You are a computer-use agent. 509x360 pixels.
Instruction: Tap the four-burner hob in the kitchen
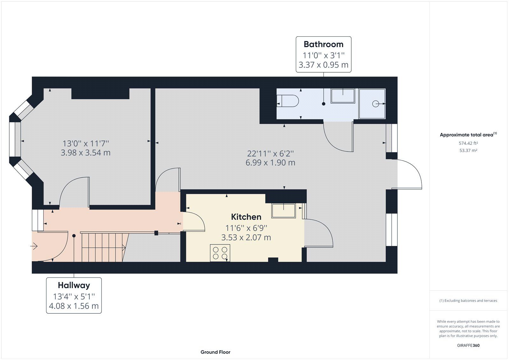click(220, 253)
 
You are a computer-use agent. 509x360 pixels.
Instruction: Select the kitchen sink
click(283, 211)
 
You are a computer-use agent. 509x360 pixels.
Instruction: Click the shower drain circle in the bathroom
click(376, 104)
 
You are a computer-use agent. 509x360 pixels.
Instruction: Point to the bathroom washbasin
click(343, 96)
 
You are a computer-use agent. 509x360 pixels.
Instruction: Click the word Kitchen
click(246, 217)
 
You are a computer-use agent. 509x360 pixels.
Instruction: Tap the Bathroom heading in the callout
click(323, 44)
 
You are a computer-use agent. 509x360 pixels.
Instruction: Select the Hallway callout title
click(74, 285)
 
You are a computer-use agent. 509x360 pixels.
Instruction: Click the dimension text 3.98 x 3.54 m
click(86, 153)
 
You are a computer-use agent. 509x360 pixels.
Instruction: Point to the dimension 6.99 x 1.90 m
click(270, 163)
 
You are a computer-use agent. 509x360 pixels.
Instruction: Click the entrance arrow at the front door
click(34, 246)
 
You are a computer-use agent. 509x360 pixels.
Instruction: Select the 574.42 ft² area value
click(468, 144)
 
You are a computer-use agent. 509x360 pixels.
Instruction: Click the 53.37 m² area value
click(468, 151)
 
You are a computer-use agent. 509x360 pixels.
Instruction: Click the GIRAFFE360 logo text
click(468, 345)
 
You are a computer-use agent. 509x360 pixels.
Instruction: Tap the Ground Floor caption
click(215, 352)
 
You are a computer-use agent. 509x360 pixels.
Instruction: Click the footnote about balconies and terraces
click(468, 300)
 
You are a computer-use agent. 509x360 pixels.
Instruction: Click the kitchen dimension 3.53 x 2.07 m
click(246, 238)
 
